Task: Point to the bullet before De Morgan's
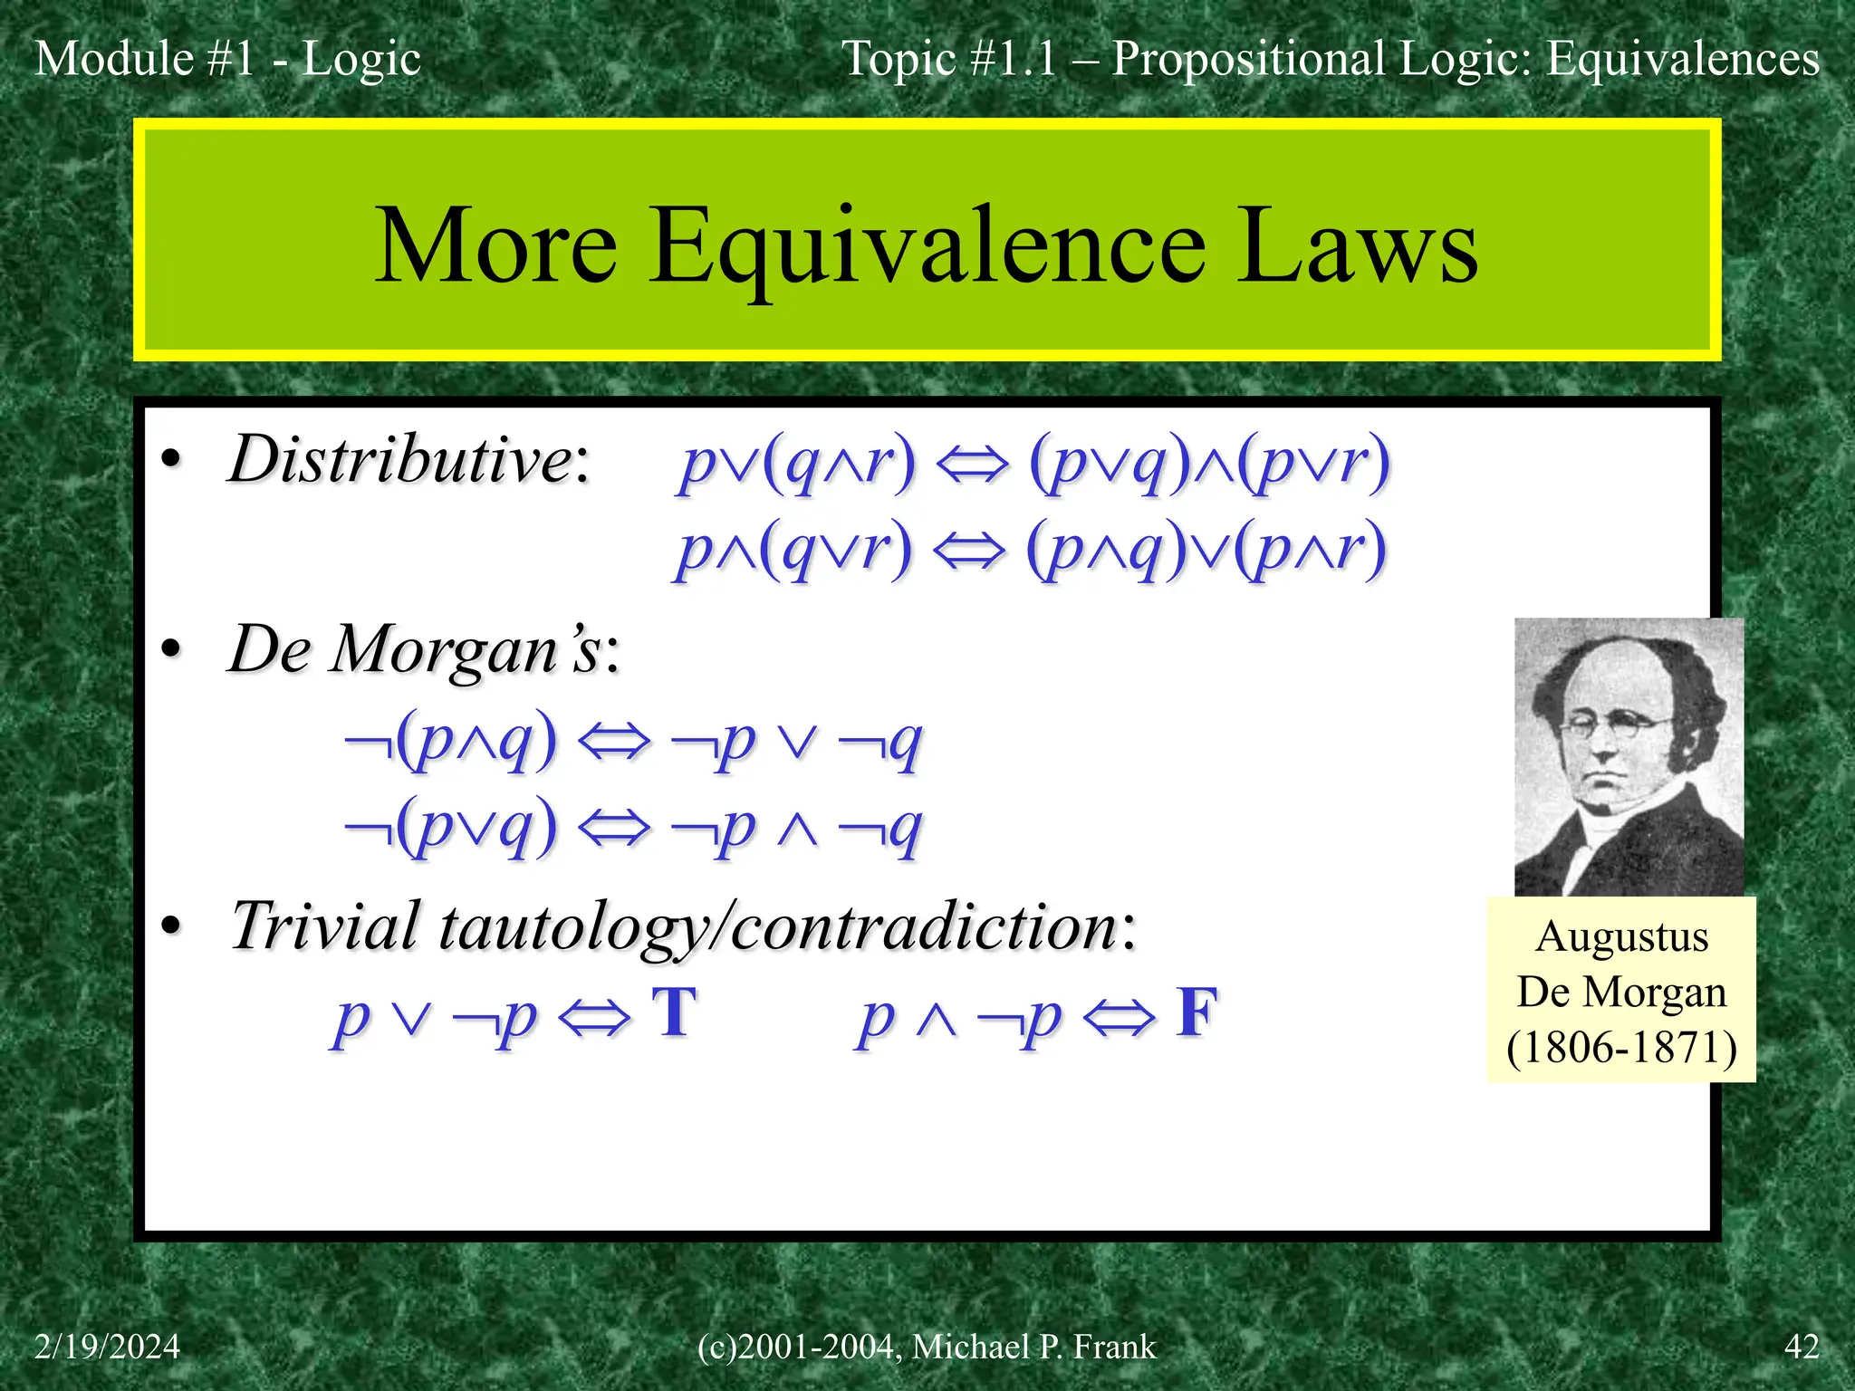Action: [x=170, y=649]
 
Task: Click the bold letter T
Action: [x=675, y=1012]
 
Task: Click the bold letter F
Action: [x=1197, y=1012]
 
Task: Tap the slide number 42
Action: [x=1802, y=1347]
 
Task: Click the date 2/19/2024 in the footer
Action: [x=107, y=1347]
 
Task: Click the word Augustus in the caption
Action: [x=1621, y=936]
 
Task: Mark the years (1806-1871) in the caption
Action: [x=1621, y=1048]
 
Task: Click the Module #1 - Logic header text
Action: [x=227, y=59]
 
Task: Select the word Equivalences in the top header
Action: [x=1682, y=59]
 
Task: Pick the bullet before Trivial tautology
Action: [x=170, y=926]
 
